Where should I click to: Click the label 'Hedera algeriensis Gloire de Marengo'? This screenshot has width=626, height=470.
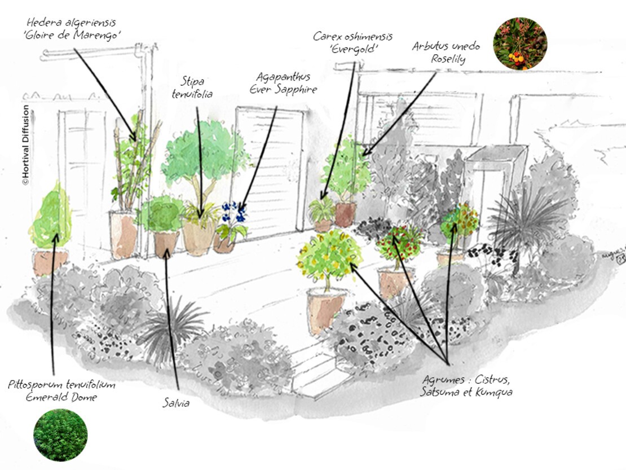coord(75,29)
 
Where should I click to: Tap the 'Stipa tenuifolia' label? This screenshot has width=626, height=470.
coord(192,88)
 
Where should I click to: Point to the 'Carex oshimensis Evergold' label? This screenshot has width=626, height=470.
coord(353,42)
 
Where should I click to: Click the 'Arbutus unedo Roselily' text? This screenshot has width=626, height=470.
coord(446,52)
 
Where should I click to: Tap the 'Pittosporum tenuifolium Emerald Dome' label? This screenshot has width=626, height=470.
coord(61,390)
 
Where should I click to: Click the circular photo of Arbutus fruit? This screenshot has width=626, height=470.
coord(519,43)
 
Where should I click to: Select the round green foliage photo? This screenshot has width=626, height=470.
coord(60,434)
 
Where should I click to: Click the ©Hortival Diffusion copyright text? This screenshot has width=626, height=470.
coord(25,145)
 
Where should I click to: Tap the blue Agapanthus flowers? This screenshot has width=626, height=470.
coord(233,214)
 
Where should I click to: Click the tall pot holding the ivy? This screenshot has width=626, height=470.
coord(124,234)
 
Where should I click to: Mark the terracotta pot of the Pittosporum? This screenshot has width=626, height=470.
coord(50,262)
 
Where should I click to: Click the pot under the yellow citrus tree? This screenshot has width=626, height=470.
coord(324,309)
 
